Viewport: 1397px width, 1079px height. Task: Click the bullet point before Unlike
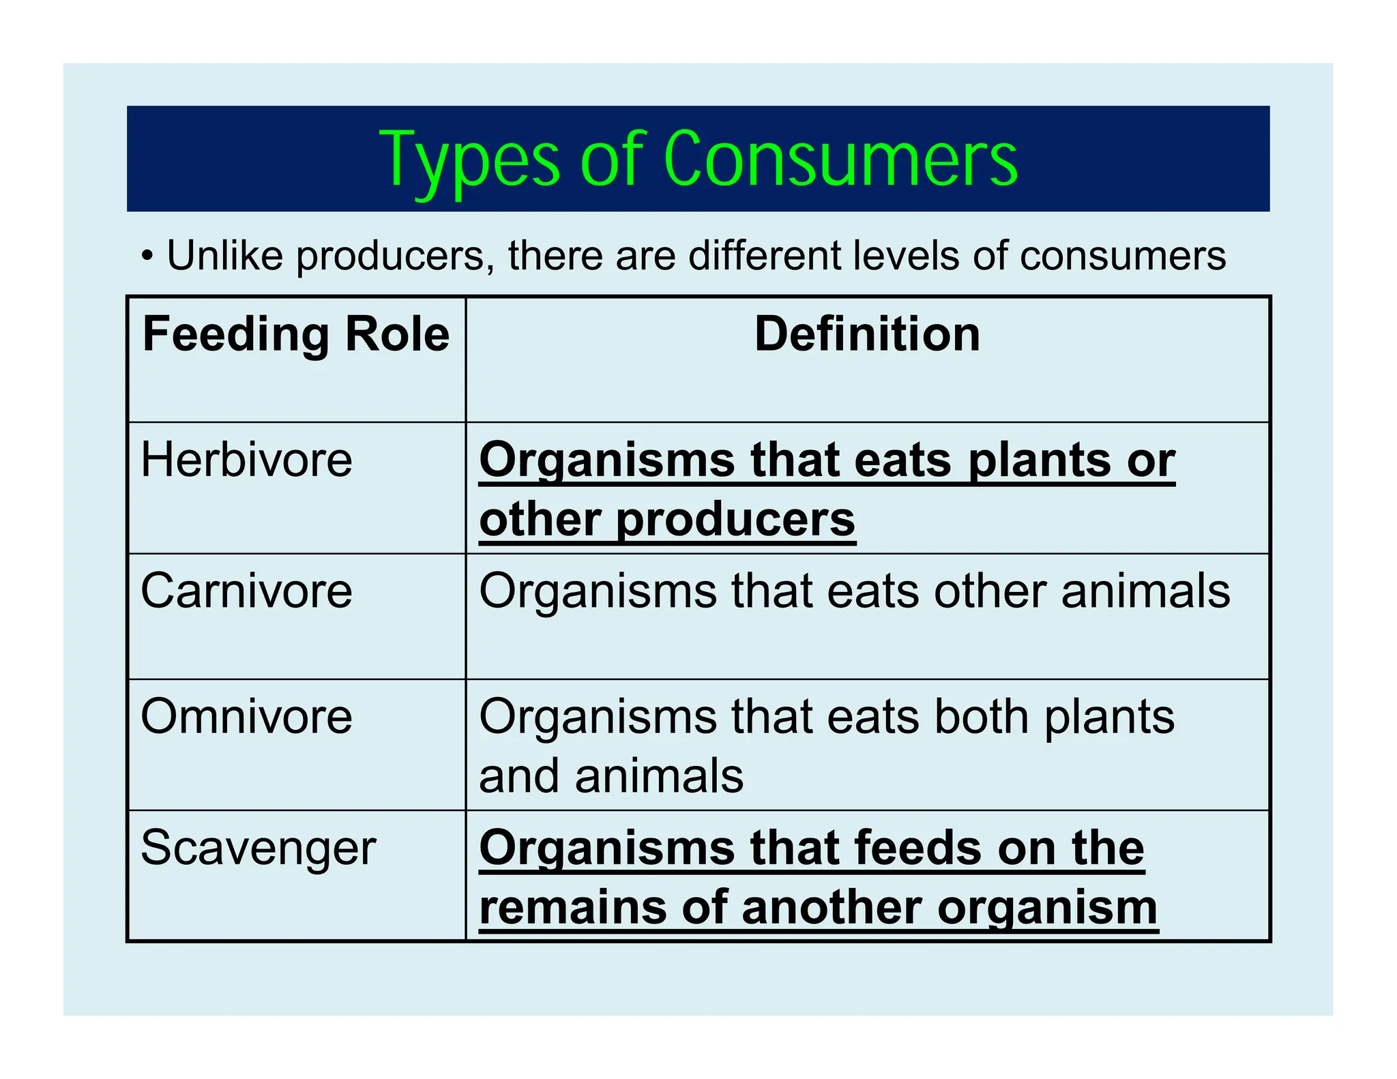pyautogui.click(x=147, y=257)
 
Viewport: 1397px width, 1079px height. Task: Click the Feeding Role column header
pyautogui.click(x=295, y=334)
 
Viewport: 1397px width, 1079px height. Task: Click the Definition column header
pyautogui.click(x=867, y=334)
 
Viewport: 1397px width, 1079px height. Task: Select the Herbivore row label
pyautogui.click(x=246, y=460)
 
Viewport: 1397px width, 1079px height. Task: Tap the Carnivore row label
pyautogui.click(x=246, y=591)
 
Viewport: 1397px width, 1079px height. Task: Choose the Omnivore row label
pyautogui.click(x=246, y=716)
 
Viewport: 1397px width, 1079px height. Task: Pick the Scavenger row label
pyautogui.click(x=258, y=848)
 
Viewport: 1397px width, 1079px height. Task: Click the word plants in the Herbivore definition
pyautogui.click(x=1043, y=461)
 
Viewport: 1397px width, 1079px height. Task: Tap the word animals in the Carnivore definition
pyautogui.click(x=1145, y=591)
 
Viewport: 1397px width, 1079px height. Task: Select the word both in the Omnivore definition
pyautogui.click(x=981, y=717)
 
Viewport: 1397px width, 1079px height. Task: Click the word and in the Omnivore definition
pyautogui.click(x=520, y=776)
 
